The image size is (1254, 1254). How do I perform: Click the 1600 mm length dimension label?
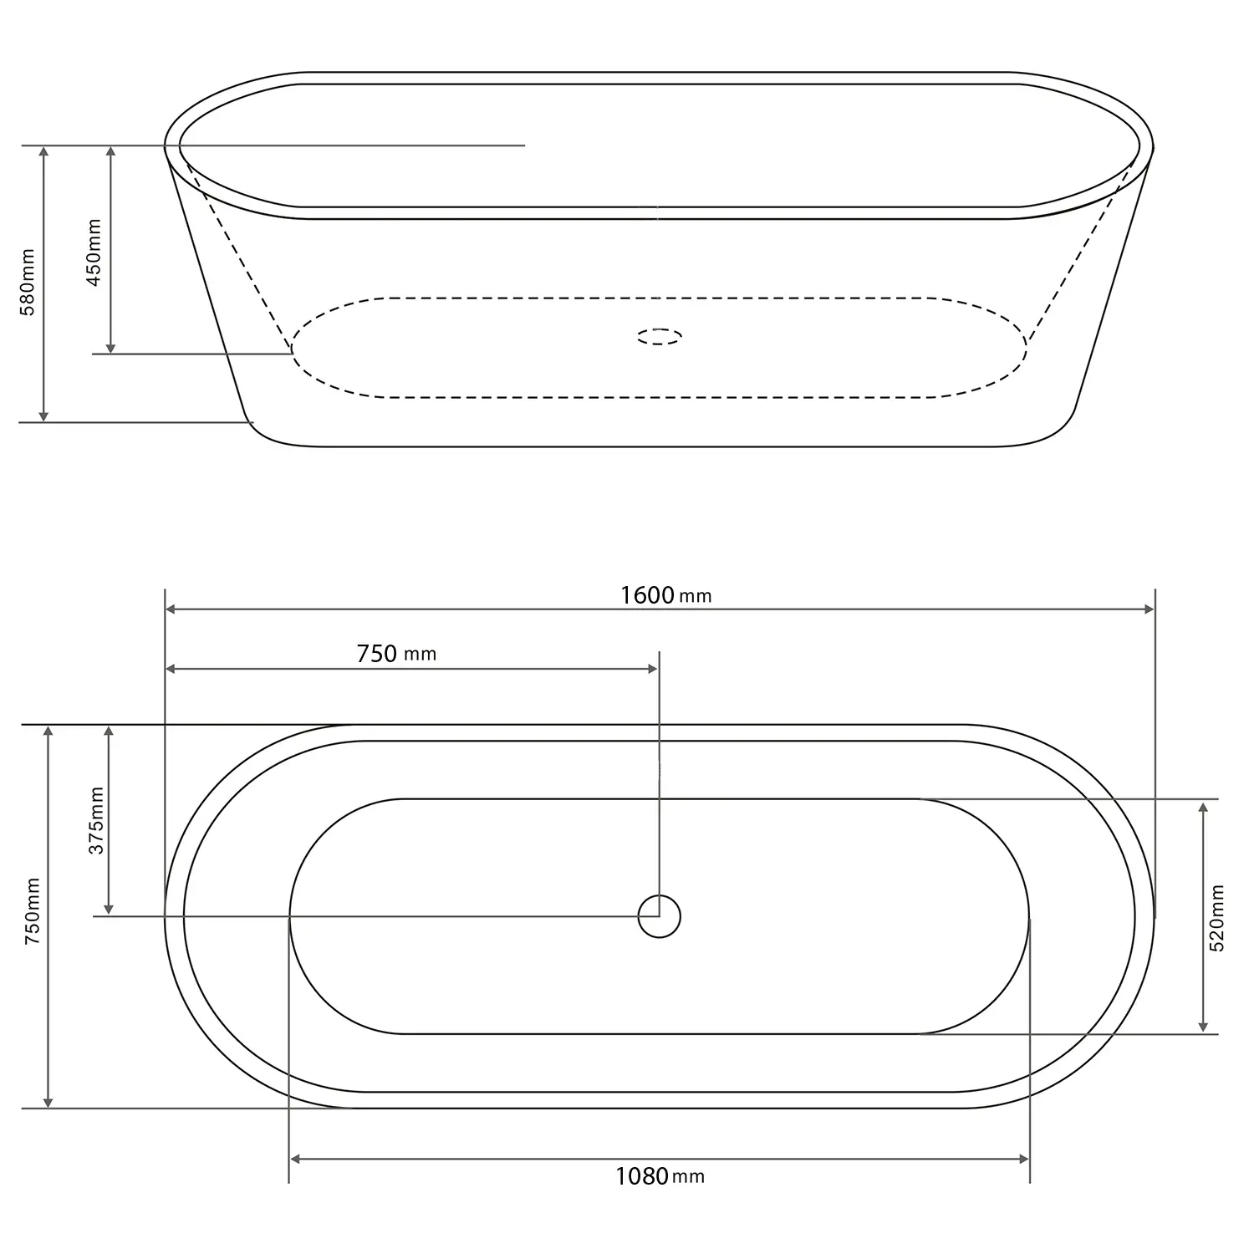coord(665,595)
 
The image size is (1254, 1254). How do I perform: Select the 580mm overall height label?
coord(28,282)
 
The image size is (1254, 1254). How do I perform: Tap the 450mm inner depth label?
coord(94,252)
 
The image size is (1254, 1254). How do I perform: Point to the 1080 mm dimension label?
coord(660,1177)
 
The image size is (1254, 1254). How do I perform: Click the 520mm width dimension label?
coord(1216,918)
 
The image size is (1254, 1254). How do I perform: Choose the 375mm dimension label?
coord(97,820)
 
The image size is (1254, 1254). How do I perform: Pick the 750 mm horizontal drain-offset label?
coord(396,654)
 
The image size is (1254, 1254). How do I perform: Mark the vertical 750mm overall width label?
coord(33,911)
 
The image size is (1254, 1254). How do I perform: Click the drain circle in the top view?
coord(660,917)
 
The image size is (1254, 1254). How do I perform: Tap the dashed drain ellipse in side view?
coord(660,337)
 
